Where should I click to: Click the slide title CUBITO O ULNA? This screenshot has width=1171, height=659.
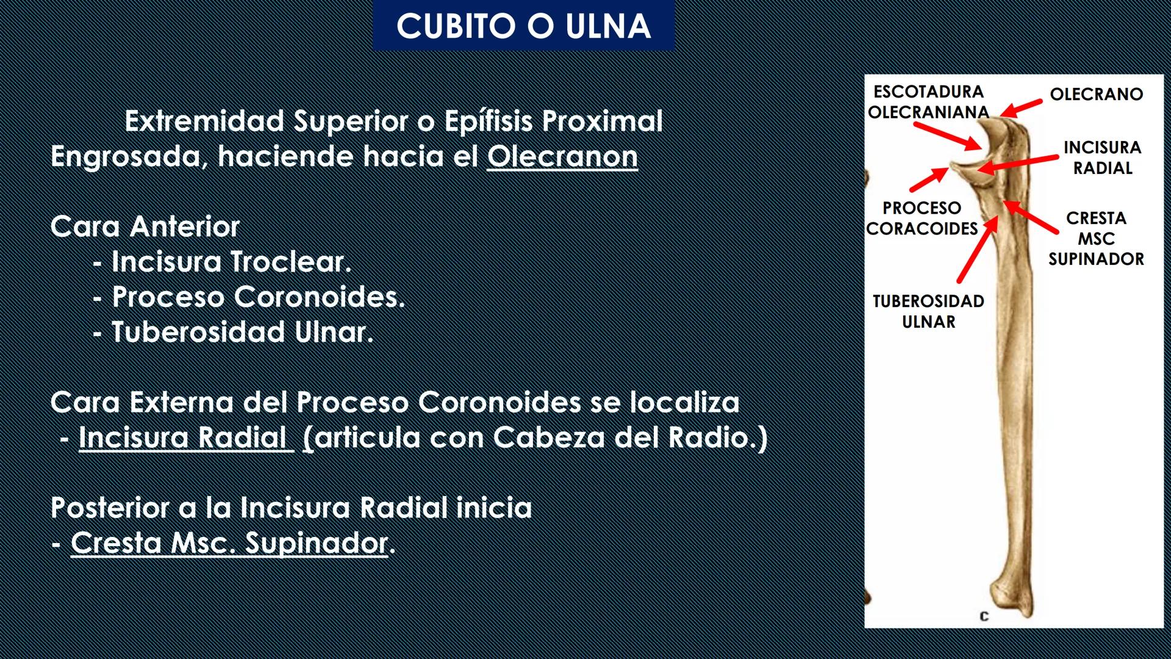click(523, 26)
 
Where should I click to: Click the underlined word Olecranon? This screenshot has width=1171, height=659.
click(562, 157)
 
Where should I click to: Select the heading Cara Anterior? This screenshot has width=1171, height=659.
click(145, 227)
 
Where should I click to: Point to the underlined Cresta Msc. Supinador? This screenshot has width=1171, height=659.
click(229, 543)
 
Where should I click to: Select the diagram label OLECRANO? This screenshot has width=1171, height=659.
click(1096, 95)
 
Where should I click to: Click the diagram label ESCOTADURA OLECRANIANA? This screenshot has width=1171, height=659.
click(928, 102)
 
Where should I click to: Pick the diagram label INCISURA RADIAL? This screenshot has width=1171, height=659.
click(1102, 157)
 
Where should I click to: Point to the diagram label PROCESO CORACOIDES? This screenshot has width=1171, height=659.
click(922, 218)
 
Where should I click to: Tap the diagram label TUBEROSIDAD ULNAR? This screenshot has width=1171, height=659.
click(928, 311)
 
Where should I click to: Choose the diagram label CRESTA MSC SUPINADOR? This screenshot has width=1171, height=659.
click(1096, 239)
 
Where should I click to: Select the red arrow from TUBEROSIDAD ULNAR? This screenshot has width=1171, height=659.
click(977, 250)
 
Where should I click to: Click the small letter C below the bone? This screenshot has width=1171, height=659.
click(984, 616)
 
